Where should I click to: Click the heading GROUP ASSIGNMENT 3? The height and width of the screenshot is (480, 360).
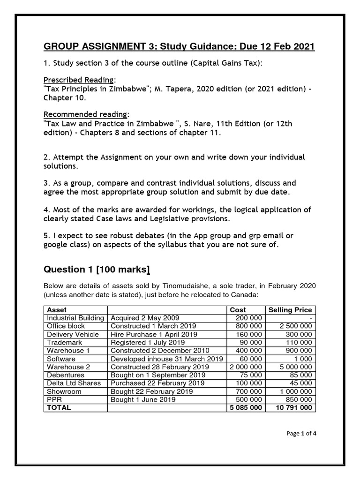pyautogui.click(x=179, y=46)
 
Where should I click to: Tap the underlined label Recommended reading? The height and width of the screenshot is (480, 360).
pyautogui.click(x=85, y=114)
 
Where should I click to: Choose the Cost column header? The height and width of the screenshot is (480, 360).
pyautogui.click(x=238, y=310)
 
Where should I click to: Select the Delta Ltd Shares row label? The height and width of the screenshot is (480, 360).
pyautogui.click(x=74, y=383)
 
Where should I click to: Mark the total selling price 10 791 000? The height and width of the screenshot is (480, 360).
pyautogui.click(x=292, y=407)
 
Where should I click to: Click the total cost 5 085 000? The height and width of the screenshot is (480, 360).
pyautogui.click(x=244, y=407)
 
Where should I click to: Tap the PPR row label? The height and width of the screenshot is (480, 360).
pyautogui.click(x=54, y=399)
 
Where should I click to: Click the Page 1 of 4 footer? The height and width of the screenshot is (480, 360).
pyautogui.click(x=301, y=433)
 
